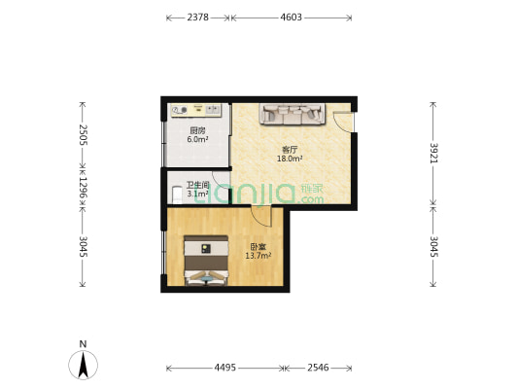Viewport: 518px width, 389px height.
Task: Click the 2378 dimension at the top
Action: (198, 18)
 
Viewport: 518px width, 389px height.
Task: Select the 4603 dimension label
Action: (291, 18)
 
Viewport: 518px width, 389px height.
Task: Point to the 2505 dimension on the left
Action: (84, 135)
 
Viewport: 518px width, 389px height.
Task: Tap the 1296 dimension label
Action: (84, 188)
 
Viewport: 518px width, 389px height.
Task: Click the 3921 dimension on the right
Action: (433, 153)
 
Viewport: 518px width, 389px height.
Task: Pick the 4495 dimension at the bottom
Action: (224, 368)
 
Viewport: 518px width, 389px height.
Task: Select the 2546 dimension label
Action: (318, 368)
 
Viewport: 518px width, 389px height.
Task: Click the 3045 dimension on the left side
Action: (84, 246)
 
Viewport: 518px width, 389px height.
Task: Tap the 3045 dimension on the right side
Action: (433, 246)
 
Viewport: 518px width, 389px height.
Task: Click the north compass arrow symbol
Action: (83, 365)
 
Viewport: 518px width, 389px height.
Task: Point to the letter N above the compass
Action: (83, 343)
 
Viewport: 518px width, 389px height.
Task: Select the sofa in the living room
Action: (292, 114)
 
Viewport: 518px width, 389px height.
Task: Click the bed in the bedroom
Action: (206, 261)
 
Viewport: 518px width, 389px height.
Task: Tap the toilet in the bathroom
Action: (177, 195)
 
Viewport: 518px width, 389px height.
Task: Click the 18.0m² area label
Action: (290, 159)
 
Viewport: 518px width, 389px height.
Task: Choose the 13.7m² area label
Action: (259, 256)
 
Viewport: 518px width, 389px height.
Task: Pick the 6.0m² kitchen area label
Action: (197, 139)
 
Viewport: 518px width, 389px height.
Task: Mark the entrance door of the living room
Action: (343, 123)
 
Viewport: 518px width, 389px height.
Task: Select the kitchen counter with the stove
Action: (196, 110)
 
